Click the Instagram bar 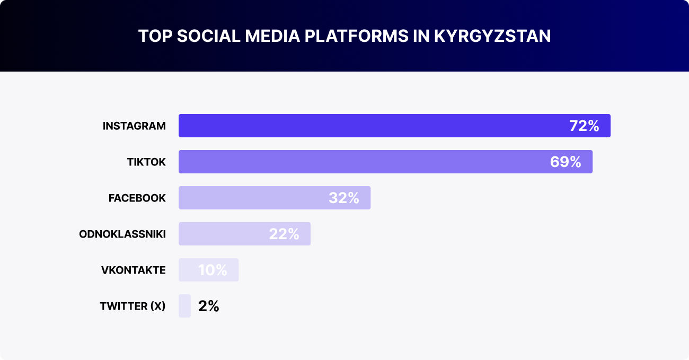pos(371,126)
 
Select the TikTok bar pos(360,162)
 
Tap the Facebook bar pos(254,198)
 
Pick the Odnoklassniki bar pos(223,234)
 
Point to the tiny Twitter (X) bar pos(184,306)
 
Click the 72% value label pos(584,126)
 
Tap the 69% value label pos(566,162)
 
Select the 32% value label pos(344,198)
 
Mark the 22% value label pos(284,234)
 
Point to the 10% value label pos(213,270)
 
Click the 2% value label pos(208,306)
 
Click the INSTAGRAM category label pos(134,126)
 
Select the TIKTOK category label pos(146,162)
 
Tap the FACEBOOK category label pos(137,198)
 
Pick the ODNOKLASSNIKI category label pos(122,234)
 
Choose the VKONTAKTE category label pos(134,270)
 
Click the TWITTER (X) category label pos(132,306)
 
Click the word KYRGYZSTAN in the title pos(492,36)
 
